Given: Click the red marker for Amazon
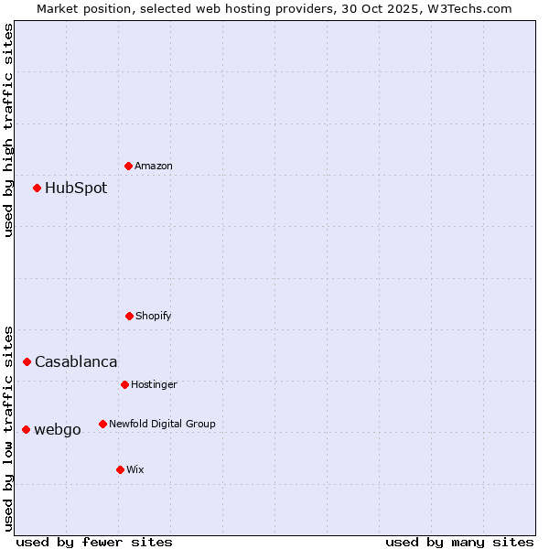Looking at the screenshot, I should point(128,166).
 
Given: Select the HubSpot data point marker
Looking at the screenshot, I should point(37,188).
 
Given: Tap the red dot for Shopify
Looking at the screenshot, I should point(129,316).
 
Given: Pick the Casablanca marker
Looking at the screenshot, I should point(27,361).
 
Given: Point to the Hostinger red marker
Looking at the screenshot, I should point(124,384).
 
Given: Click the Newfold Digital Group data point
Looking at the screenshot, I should point(102,424).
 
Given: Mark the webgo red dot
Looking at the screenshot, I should point(26,429).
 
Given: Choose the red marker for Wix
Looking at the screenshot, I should point(120,469).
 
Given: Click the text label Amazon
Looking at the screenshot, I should point(154,166).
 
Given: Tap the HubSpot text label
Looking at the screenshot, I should point(76,188).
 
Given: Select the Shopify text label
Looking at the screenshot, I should point(154,316).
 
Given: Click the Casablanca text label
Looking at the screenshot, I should point(76,361).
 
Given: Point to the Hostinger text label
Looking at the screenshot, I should point(154,384).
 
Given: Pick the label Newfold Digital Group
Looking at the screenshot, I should point(163,424).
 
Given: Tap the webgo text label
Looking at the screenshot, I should point(58,429).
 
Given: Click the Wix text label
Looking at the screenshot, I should point(135,469).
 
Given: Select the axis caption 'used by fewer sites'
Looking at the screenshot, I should point(94,542).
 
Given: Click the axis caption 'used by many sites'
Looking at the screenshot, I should point(459,542).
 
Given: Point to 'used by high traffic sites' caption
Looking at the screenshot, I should point(8,130).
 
